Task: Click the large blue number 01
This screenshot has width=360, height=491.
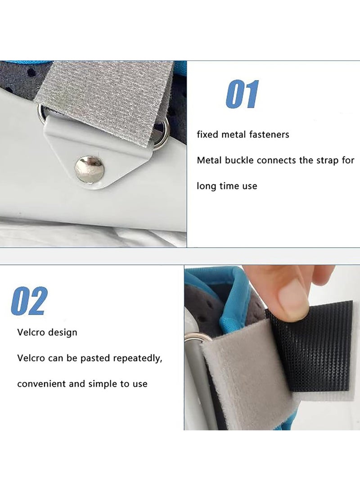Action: tap(242, 94)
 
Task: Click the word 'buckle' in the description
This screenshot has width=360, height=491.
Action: tap(238, 160)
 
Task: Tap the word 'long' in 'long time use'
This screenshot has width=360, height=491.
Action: tap(206, 186)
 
